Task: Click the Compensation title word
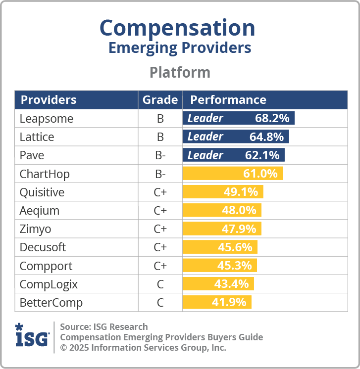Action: pos(178,28)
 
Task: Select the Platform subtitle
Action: pos(180,72)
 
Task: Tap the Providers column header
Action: pos(49,99)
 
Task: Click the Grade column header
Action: pos(160,99)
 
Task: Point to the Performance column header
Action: pos(228,99)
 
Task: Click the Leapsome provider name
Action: pos(46,118)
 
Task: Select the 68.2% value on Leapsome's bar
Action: pos(272,118)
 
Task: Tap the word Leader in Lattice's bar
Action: pos(205,137)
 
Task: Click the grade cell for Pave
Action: pos(160,155)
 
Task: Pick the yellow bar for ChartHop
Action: pos(233,174)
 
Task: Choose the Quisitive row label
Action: pos(42,192)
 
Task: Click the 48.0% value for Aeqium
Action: pos(239,210)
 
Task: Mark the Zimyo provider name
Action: pos(35,229)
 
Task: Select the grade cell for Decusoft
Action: pos(160,247)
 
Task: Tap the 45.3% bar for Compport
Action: pos(220,266)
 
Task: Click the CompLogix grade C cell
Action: pos(160,284)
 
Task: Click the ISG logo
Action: pos(32,336)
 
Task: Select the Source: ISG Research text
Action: pos(104,326)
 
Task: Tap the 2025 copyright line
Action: pos(143,348)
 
